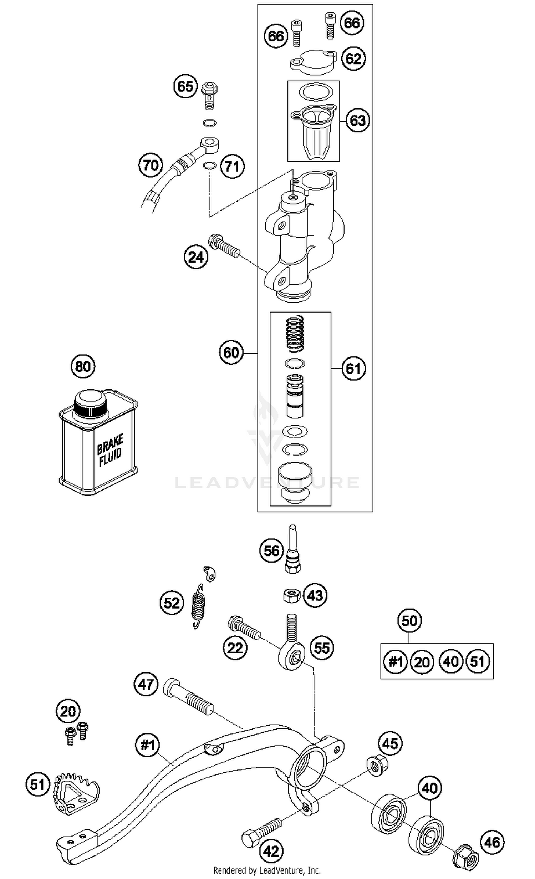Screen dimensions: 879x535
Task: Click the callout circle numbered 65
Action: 185,86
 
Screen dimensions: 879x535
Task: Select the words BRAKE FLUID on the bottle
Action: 110,450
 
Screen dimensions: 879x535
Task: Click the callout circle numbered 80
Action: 83,366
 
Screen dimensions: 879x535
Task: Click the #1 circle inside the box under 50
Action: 395,662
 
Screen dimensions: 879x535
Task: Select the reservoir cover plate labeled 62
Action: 312,62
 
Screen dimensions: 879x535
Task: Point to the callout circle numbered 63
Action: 358,120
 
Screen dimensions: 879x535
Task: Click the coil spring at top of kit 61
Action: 295,334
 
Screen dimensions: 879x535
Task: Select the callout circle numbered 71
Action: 233,166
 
